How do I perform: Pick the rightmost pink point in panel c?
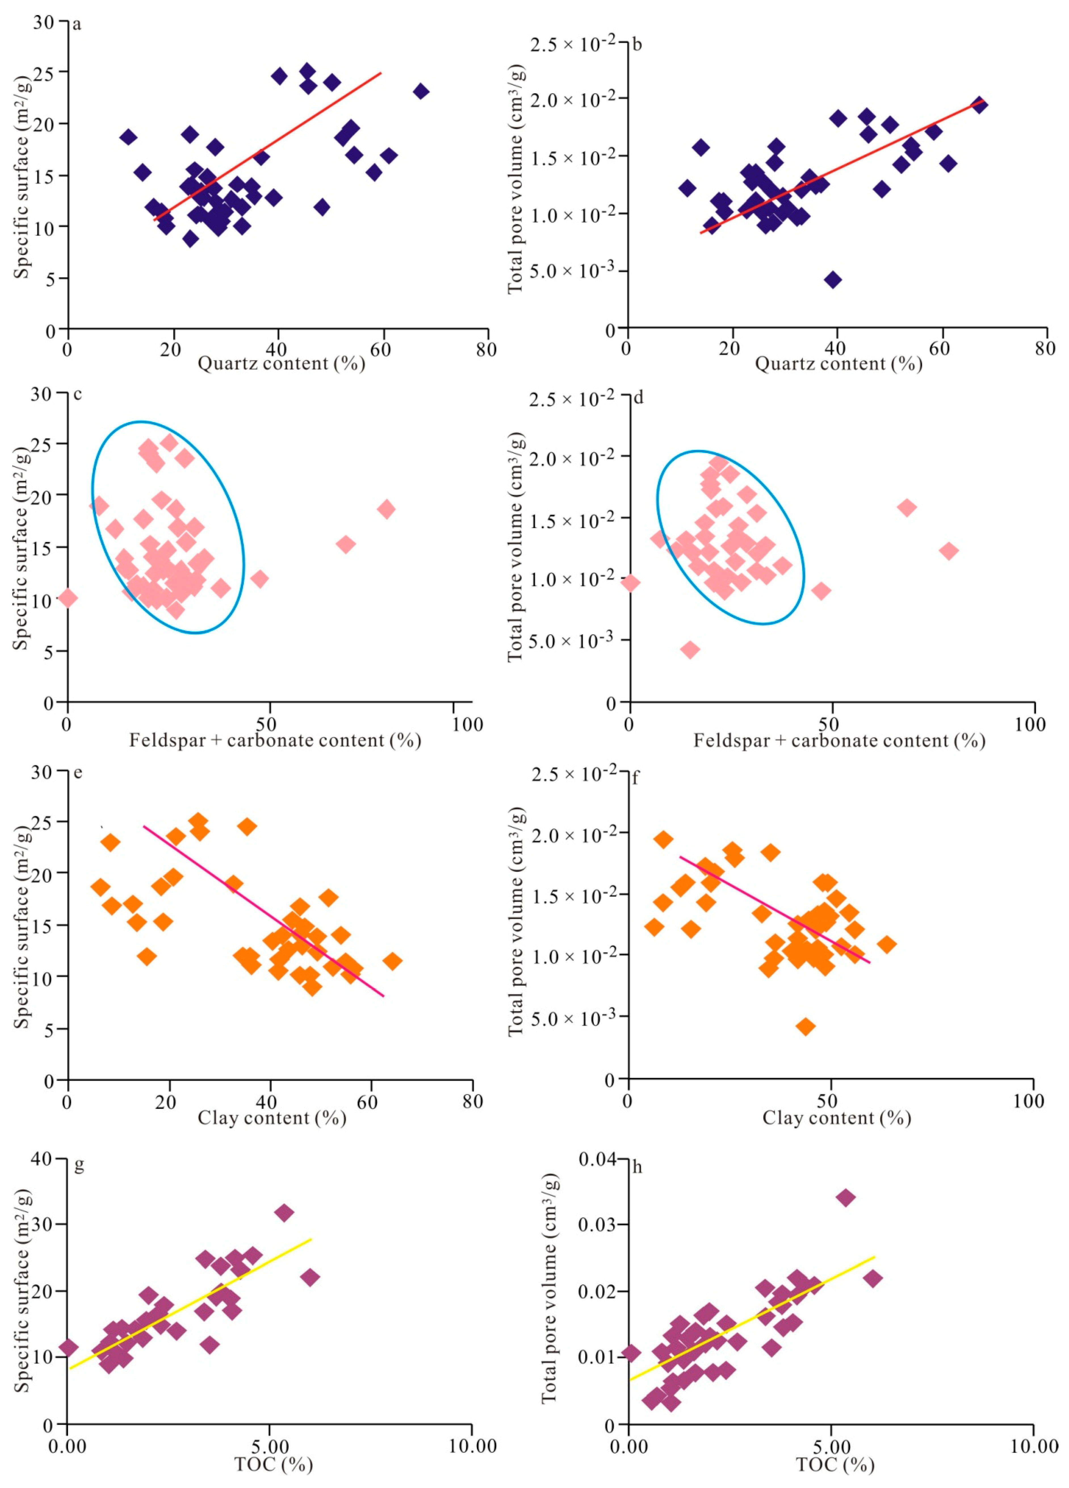click(x=386, y=509)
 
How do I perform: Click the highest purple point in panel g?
click(x=284, y=1212)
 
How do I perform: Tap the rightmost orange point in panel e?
click(x=392, y=961)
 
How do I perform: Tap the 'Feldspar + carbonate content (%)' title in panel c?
click(x=275, y=741)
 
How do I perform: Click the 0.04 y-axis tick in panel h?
click(x=597, y=1160)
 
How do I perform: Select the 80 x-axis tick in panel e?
click(x=473, y=1102)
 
